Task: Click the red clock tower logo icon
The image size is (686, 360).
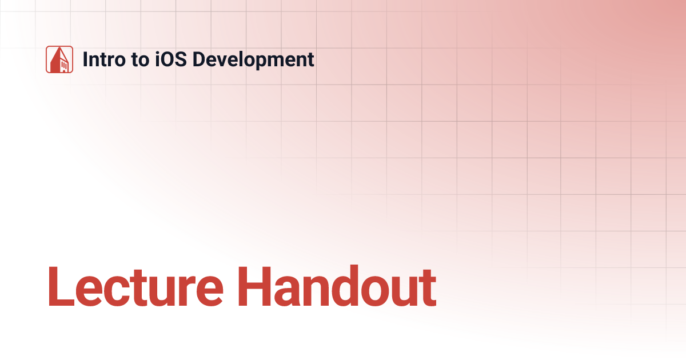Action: [x=59, y=59]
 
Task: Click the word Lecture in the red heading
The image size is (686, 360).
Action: [x=137, y=286]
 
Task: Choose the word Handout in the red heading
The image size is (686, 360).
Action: [x=337, y=286]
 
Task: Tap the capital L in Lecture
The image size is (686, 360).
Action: [x=59, y=286]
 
